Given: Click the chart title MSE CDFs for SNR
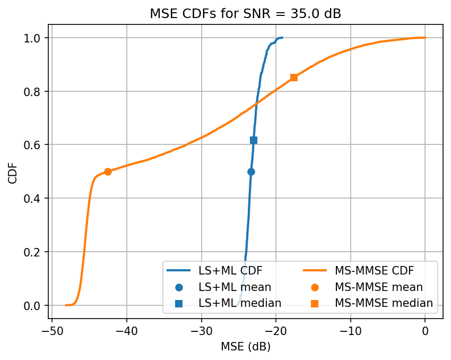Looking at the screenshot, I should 245,14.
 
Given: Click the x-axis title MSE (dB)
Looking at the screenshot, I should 245,347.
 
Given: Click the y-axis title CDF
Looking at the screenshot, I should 13,172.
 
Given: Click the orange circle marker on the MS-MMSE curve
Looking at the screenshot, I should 108,172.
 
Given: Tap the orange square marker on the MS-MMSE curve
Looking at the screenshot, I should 294,78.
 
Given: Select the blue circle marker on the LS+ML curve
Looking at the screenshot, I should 251,172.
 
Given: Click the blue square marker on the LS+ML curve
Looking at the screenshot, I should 254,140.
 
